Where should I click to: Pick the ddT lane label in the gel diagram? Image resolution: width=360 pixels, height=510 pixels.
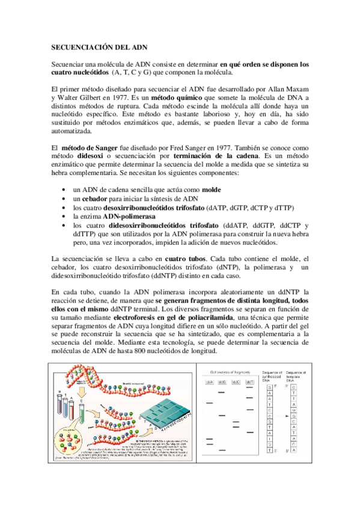[x=249, y=381]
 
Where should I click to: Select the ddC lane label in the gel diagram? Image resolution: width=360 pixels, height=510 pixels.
[x=236, y=381]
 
